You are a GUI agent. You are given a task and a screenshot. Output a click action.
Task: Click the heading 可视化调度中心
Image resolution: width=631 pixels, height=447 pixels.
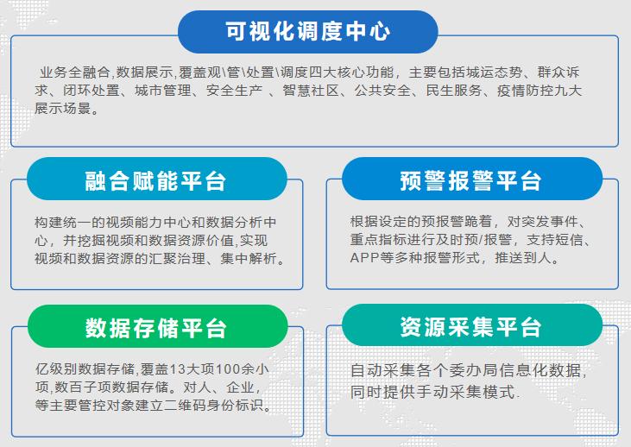tap(308, 31)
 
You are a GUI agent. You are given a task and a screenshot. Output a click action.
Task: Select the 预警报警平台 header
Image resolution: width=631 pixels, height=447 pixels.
tap(470, 180)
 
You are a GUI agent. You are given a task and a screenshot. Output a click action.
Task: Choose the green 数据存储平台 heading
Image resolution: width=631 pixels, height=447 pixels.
tap(155, 328)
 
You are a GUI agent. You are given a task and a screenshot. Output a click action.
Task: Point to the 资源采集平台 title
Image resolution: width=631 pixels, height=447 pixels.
tap(470, 327)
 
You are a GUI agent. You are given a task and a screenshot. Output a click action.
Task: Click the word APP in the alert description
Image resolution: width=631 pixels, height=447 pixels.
tap(365, 258)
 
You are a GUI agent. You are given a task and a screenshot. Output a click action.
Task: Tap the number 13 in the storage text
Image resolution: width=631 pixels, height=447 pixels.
tap(176, 369)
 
